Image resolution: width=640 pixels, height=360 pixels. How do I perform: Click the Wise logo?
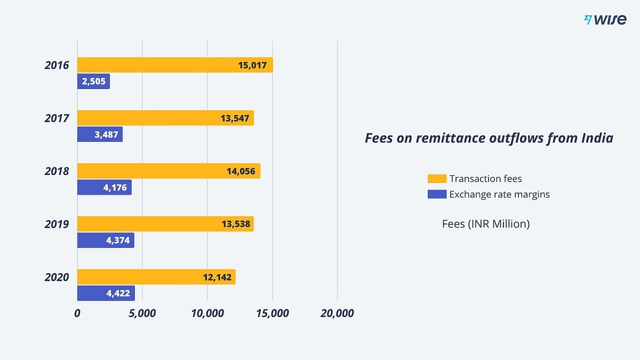[x=605, y=20]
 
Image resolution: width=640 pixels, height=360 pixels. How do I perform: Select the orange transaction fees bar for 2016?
[x=175, y=65]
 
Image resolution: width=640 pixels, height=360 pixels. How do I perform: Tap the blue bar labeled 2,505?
[x=93, y=81]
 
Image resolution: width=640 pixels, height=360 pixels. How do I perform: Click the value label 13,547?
[x=235, y=118]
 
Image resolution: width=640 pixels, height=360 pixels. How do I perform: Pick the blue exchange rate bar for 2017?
[x=100, y=134]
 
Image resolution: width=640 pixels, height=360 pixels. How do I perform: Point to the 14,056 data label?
[x=241, y=171]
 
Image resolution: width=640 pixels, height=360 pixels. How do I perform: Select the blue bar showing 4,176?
[x=105, y=187]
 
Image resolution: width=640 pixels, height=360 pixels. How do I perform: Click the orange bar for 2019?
[x=165, y=223]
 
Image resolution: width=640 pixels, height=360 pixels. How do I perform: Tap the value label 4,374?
[x=118, y=241]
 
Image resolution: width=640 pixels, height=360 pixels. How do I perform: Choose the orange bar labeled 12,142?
[x=156, y=277]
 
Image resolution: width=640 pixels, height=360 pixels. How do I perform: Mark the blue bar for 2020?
[x=106, y=293]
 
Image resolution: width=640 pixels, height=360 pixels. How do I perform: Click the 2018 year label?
[x=57, y=171]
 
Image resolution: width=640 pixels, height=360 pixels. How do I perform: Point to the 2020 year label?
[x=57, y=277]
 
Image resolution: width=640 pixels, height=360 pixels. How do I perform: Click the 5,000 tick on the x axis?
[x=142, y=314]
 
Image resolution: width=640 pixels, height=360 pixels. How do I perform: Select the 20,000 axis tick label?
[x=337, y=314]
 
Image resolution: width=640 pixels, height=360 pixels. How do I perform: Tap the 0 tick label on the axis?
[x=77, y=314]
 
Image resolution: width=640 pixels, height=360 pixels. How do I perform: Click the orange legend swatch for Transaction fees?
[x=437, y=179]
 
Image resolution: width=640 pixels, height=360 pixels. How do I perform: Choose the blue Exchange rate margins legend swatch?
[x=437, y=194]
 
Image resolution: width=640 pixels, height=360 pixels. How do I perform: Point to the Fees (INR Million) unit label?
[x=486, y=223]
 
